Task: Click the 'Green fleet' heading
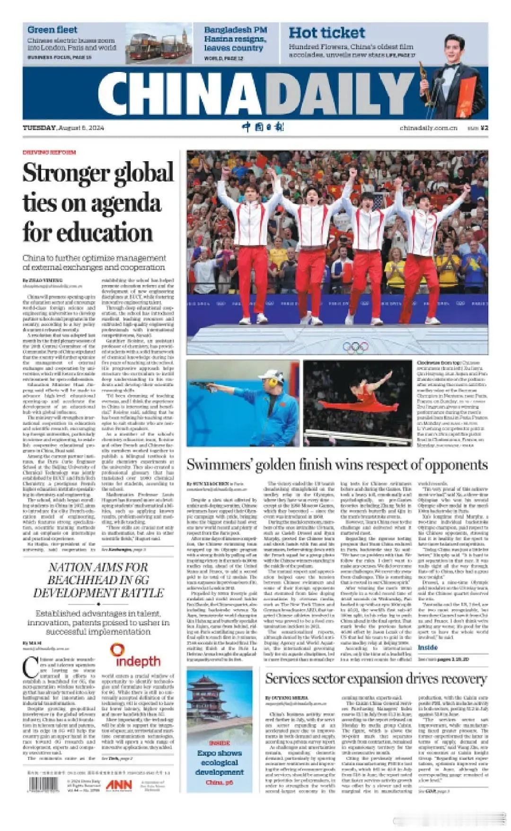pyautogui.click(x=52, y=30)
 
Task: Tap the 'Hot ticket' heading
pyautogui.click(x=326, y=33)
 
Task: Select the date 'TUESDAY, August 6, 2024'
pyautogui.click(x=63, y=128)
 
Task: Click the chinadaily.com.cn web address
pyautogui.click(x=428, y=128)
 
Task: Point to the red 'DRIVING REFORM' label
pyautogui.click(x=49, y=152)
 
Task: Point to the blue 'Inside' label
pyautogui.click(x=428, y=647)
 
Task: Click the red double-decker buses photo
pyautogui.click(x=159, y=43)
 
